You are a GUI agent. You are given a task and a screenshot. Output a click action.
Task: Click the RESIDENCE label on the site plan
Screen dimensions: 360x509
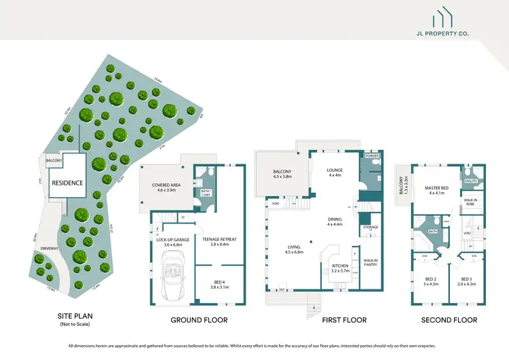click(x=68, y=183)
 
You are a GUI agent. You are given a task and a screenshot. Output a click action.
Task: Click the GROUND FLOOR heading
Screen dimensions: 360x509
click(x=200, y=320)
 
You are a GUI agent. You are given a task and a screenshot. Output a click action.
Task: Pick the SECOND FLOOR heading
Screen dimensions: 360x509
click(x=449, y=320)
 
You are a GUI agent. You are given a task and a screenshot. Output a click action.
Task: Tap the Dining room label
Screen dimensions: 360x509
click(x=335, y=221)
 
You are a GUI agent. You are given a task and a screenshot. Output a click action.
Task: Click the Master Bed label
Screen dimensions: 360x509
click(x=436, y=190)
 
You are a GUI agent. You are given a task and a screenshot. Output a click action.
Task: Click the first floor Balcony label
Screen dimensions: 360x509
click(x=282, y=174)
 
